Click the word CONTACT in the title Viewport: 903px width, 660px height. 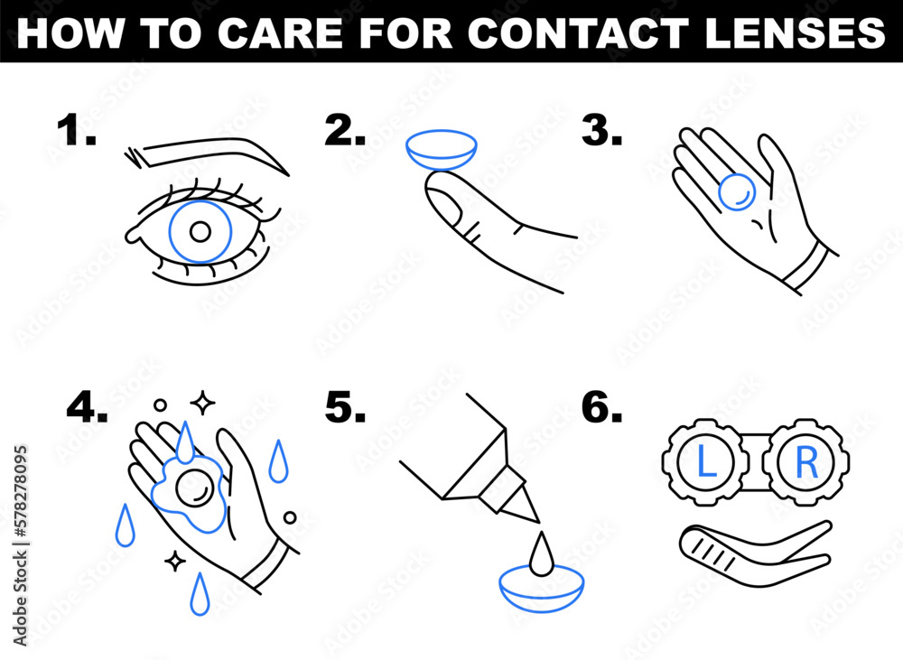(579, 32)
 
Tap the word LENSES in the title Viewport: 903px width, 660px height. (794, 32)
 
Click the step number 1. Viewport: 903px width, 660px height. (76, 133)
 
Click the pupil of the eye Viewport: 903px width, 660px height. (200, 232)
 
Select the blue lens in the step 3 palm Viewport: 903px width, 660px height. (737, 191)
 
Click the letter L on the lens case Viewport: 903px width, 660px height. (704, 462)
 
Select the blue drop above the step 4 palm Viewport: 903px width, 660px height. (185, 441)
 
